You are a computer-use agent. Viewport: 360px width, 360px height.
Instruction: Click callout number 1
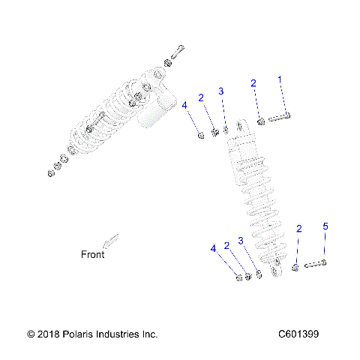(x=280, y=79)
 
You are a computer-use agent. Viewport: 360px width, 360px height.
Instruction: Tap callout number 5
(x=325, y=226)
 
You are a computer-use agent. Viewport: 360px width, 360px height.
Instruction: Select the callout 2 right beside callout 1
(x=253, y=83)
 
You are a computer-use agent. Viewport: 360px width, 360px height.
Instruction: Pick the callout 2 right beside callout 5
(x=299, y=229)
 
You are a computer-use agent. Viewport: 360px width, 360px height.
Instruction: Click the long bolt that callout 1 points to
(x=277, y=116)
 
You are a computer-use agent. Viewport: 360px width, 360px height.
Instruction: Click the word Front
(x=92, y=254)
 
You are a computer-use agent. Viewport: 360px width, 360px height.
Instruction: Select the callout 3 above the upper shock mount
(x=221, y=91)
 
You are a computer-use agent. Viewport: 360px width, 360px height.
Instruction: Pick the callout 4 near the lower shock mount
(x=214, y=248)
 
